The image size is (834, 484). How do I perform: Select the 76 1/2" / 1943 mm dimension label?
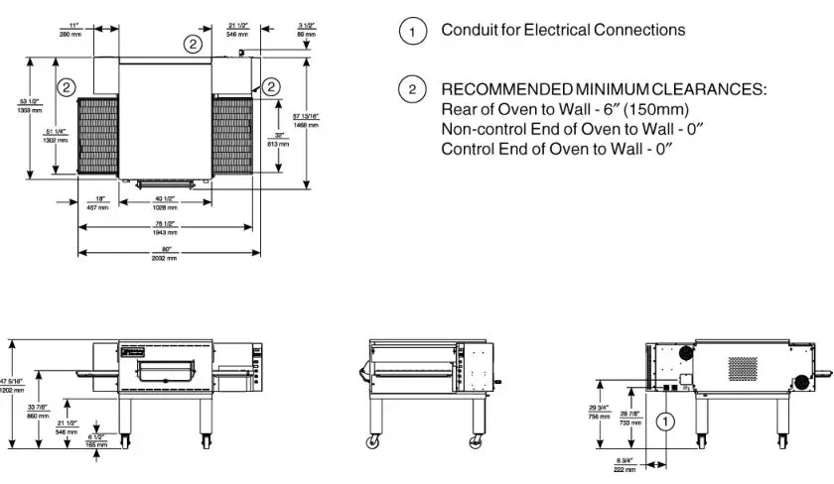[165, 228]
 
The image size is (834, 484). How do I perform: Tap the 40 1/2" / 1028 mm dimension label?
[165, 203]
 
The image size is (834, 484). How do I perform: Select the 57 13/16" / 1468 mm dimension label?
[307, 120]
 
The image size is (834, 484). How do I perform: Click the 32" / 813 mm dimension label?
[283, 140]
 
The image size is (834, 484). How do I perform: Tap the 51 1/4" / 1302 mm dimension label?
[56, 136]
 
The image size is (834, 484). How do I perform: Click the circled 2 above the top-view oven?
[192, 44]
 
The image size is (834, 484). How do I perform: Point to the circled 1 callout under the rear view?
[664, 421]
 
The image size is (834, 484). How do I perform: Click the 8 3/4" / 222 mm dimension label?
[625, 463]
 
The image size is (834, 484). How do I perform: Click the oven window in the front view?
[165, 371]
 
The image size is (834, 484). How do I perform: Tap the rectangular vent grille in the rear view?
[744, 365]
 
